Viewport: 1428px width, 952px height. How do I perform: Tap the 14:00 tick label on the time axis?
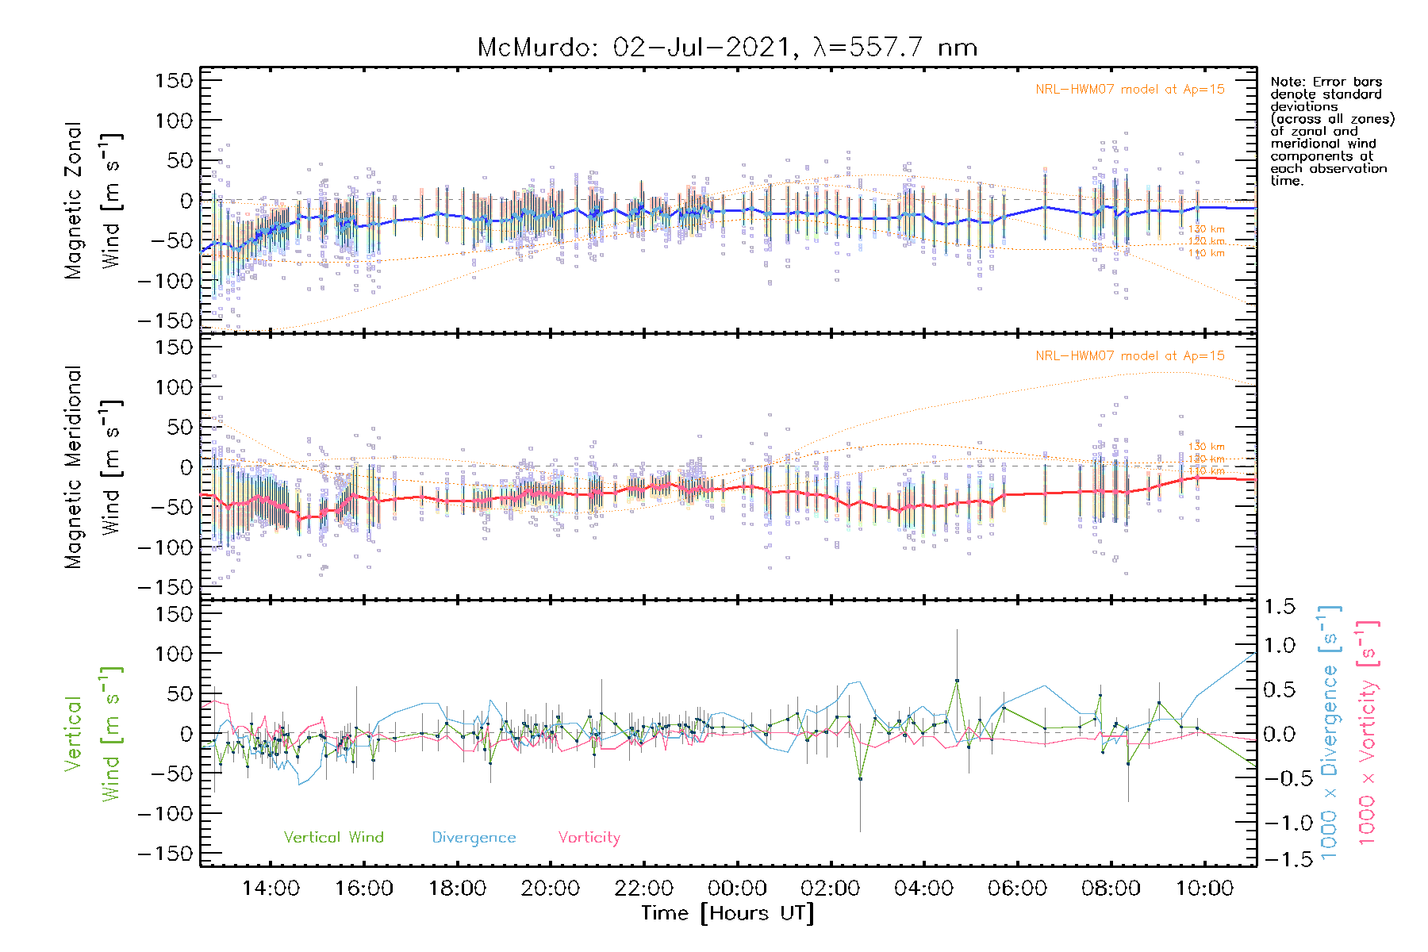click(x=271, y=889)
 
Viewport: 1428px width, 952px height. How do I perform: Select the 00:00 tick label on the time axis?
click(x=737, y=889)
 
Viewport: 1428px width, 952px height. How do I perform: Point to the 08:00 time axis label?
click(x=1111, y=889)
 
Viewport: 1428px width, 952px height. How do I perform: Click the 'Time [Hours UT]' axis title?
click(x=727, y=913)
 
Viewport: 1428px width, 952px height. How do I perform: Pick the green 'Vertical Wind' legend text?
click(x=333, y=838)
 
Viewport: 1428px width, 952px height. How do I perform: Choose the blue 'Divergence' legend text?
click(x=474, y=838)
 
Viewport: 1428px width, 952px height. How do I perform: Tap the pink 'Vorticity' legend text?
click(x=589, y=838)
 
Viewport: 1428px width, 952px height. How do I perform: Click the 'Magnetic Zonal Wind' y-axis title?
click(x=94, y=201)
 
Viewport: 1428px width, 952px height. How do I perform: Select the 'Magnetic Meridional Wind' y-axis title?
click(x=94, y=467)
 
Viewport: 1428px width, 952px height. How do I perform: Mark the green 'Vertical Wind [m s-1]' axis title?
click(x=94, y=734)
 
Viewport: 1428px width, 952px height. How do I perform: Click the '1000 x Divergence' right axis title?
click(x=1330, y=734)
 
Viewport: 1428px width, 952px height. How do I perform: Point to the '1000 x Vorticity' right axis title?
click(x=1368, y=734)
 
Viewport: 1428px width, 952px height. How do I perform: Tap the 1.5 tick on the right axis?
click(x=1279, y=607)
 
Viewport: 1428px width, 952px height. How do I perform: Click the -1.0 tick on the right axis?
click(x=1279, y=823)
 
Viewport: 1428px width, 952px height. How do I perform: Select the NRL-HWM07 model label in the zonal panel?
click(x=1130, y=90)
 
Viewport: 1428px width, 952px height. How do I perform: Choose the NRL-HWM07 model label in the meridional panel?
click(x=1130, y=356)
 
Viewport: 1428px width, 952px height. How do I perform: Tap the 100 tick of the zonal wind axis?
click(x=174, y=121)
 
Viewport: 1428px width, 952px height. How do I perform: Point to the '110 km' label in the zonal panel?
click(x=1206, y=253)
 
